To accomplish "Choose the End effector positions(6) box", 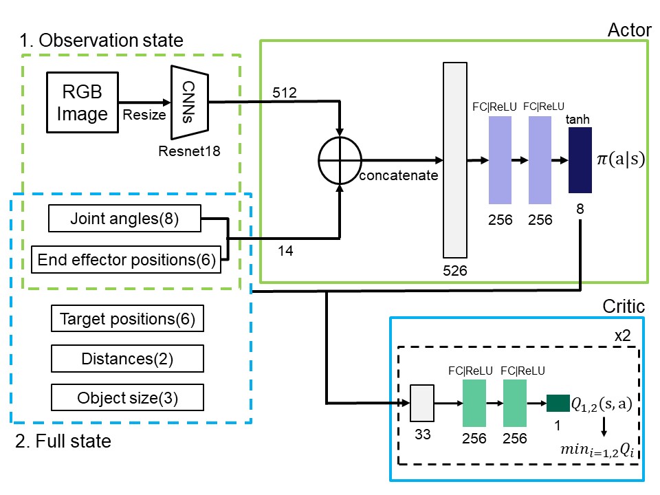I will click(126, 259).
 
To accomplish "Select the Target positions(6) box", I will click(127, 319).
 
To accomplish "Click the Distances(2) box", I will click(127, 358).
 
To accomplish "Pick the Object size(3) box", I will click(127, 397).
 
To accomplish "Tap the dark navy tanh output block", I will click(580, 161).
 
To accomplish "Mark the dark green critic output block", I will click(558, 403).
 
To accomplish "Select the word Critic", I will click(623, 306).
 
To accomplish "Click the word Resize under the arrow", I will click(144, 115).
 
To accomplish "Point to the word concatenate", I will click(399, 175).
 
